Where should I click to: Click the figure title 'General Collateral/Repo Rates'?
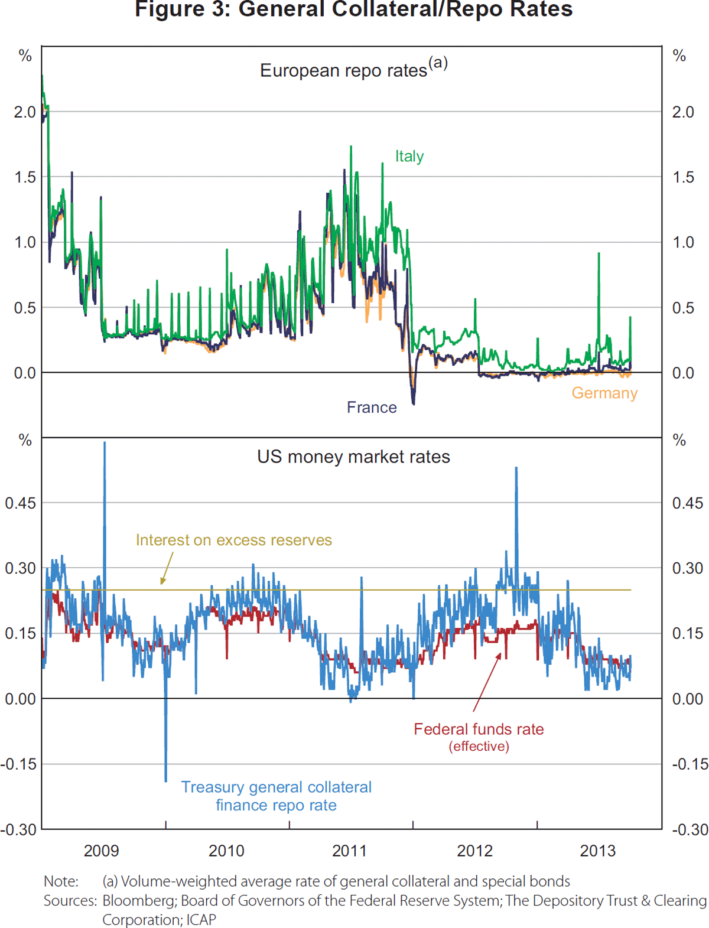click(x=353, y=9)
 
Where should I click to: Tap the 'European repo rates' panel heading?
click(x=344, y=70)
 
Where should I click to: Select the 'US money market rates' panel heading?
click(x=353, y=457)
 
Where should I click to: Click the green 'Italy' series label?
click(x=409, y=156)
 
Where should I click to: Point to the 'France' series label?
click(x=372, y=407)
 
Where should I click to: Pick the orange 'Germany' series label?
click(x=604, y=393)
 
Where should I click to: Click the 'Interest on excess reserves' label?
click(x=234, y=540)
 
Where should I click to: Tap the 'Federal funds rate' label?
click(x=479, y=729)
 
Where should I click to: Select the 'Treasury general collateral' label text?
click(x=276, y=787)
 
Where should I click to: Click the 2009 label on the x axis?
click(x=102, y=851)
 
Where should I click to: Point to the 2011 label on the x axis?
click(x=350, y=851)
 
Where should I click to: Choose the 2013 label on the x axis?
click(x=598, y=851)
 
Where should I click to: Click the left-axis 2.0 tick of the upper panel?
click(x=25, y=112)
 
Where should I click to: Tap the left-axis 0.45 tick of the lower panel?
click(x=20, y=503)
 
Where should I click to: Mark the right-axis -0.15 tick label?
click(x=690, y=764)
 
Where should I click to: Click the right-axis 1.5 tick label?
click(x=683, y=177)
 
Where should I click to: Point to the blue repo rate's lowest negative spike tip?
click(x=166, y=781)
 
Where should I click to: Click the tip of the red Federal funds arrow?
click(x=500, y=653)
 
